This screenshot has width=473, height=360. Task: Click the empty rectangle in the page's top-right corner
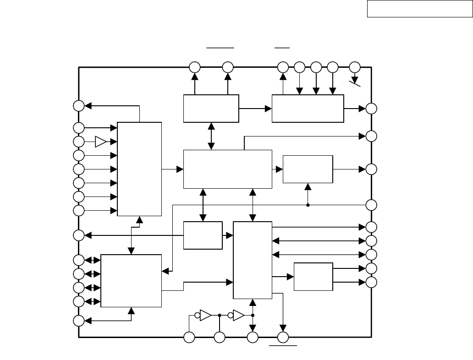(419, 9)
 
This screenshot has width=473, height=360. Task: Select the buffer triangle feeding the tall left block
(101, 142)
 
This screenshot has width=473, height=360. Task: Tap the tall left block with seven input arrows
(139, 169)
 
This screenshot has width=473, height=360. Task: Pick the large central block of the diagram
(227, 169)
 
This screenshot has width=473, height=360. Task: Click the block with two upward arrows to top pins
(211, 109)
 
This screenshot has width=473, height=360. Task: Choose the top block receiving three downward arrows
(308, 109)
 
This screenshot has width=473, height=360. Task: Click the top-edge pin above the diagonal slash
(355, 67)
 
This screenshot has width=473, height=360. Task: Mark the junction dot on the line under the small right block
(308, 205)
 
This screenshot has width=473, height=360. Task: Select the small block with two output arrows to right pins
(313, 276)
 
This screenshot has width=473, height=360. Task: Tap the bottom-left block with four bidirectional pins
(131, 280)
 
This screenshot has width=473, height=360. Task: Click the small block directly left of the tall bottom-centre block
(203, 235)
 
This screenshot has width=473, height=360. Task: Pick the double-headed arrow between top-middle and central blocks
(211, 136)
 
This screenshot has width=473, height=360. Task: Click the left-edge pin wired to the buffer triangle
(79, 142)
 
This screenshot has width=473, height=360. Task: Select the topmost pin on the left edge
(79, 105)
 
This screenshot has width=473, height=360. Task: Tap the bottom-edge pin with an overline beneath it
(283, 338)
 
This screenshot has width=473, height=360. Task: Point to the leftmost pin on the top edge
(194, 67)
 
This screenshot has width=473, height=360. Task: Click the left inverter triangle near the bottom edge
(206, 315)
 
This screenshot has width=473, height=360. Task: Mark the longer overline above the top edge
(220, 47)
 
